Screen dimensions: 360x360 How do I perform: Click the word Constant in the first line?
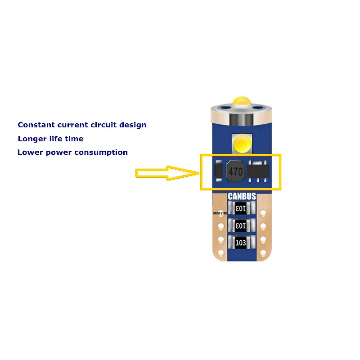36,125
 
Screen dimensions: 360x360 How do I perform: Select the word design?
133,125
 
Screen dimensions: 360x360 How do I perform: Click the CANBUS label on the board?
242,196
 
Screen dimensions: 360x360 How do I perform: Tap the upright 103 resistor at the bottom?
241,243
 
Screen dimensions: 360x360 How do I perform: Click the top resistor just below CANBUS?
242,208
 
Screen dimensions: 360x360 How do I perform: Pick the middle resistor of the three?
242,225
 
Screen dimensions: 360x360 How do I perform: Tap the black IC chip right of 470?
259,171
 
